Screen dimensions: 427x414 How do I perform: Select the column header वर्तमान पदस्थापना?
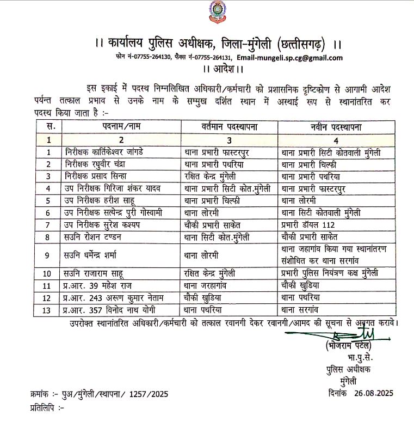click(228, 127)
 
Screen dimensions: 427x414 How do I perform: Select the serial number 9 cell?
click(50, 255)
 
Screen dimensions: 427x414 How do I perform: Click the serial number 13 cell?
click(50, 309)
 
